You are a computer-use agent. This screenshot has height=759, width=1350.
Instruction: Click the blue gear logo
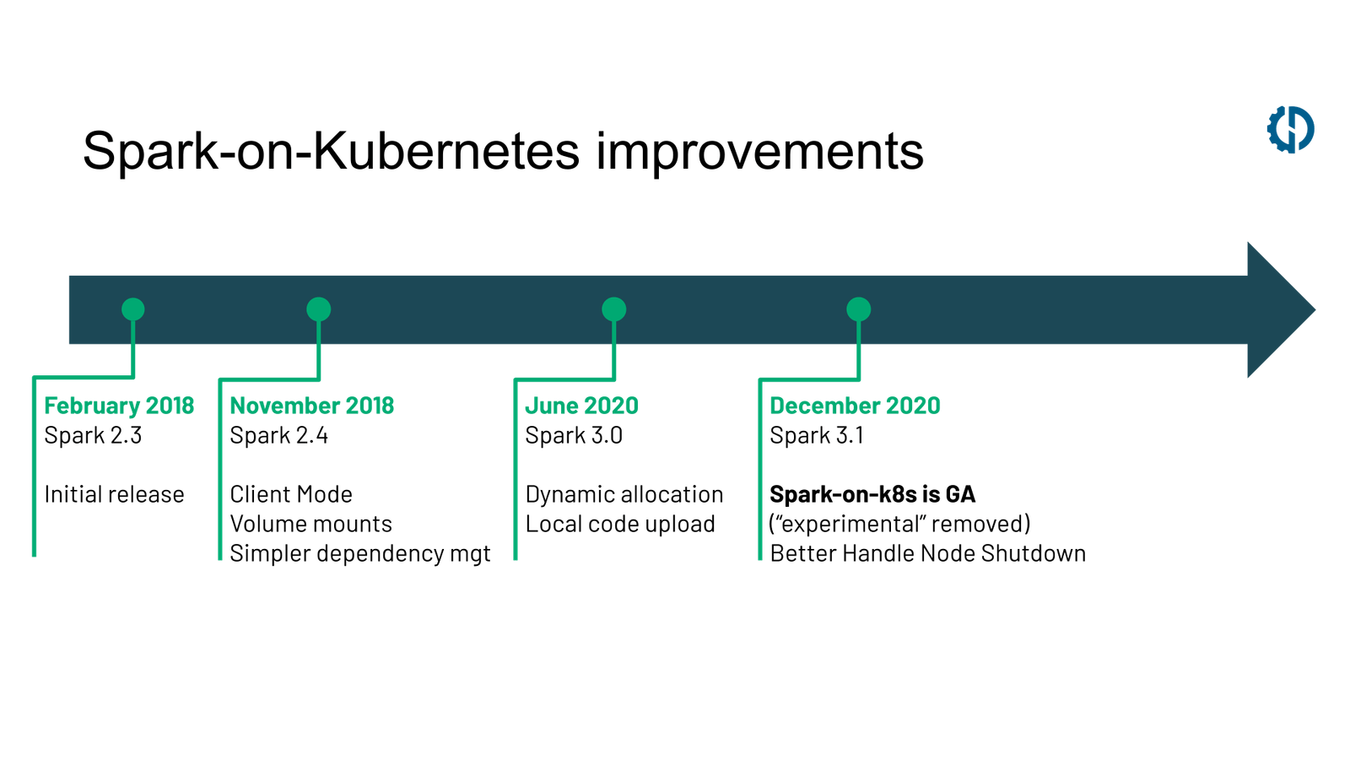coord(1290,129)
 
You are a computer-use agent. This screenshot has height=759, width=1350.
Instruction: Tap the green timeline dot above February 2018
coord(133,310)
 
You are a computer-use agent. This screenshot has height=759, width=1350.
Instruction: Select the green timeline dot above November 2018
coord(318,310)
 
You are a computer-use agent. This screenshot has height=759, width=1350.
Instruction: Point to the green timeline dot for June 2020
coord(613,310)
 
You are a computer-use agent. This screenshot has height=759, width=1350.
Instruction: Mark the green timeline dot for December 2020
coord(858,310)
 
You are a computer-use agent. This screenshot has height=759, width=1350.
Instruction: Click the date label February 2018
coord(119,406)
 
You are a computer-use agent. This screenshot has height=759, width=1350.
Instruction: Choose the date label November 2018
coord(312,406)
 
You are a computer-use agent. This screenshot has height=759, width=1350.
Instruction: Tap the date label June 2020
coord(580,406)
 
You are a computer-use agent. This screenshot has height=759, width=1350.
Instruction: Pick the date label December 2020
coord(856,406)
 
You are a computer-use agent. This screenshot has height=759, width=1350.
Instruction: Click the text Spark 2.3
coord(94,435)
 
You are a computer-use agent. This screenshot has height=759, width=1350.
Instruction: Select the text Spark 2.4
coord(279,435)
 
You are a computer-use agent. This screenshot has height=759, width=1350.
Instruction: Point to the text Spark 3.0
coord(574,435)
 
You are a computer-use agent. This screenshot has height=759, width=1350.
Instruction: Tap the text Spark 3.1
coord(817,435)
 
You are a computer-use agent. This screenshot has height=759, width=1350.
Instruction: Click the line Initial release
coord(114,494)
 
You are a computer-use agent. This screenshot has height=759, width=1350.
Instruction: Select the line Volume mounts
coord(310,524)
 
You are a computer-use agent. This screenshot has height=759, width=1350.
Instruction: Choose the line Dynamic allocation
coord(624,494)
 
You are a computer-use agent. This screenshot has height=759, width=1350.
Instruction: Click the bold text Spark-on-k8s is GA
coord(872,494)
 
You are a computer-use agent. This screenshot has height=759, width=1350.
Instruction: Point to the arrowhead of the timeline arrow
coord(1278,310)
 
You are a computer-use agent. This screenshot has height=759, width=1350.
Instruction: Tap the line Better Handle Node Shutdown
coord(927,553)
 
